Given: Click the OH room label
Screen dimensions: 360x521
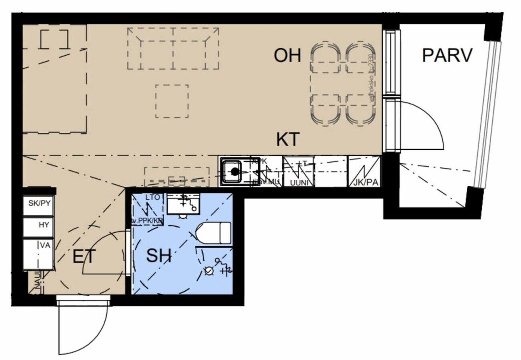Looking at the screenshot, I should [x=287, y=56].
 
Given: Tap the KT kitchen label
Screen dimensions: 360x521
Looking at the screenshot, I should [x=288, y=140].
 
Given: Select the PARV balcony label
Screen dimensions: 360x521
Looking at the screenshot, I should [x=447, y=56].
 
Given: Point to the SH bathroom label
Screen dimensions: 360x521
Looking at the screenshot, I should [x=158, y=256].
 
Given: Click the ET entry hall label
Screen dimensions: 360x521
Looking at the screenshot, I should [x=84, y=256].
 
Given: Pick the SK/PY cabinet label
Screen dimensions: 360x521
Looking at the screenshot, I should [x=39, y=203].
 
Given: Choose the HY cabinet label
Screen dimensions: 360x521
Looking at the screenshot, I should [x=44, y=225].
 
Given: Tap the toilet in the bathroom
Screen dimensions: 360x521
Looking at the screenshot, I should [x=214, y=233].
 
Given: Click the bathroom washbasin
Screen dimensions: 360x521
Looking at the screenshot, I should [x=183, y=205].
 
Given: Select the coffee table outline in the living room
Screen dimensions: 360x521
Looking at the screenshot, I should [x=172, y=101].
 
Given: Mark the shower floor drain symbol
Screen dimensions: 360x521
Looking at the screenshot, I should [x=208, y=271].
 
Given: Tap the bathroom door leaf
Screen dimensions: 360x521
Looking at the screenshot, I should [x=128, y=252].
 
